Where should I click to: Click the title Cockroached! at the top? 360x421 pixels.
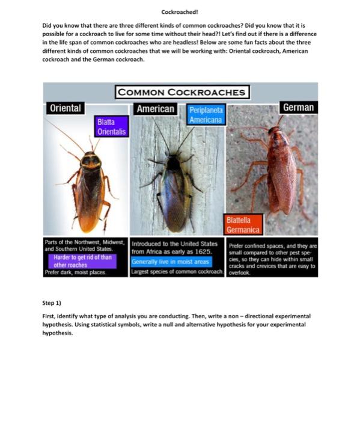point(180,11)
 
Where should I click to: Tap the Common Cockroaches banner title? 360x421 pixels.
point(182,92)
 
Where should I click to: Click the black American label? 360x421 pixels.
point(156,109)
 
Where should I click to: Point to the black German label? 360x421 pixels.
point(297,107)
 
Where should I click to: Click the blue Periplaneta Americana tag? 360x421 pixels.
point(206,115)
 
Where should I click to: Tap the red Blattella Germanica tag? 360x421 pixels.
point(243,225)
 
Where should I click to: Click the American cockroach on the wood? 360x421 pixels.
point(175,192)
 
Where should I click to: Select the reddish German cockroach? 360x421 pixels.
point(281,174)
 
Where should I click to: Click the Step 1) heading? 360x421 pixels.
point(52,303)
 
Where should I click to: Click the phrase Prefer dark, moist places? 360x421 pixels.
point(75,272)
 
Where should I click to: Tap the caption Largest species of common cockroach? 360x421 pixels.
point(177,272)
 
